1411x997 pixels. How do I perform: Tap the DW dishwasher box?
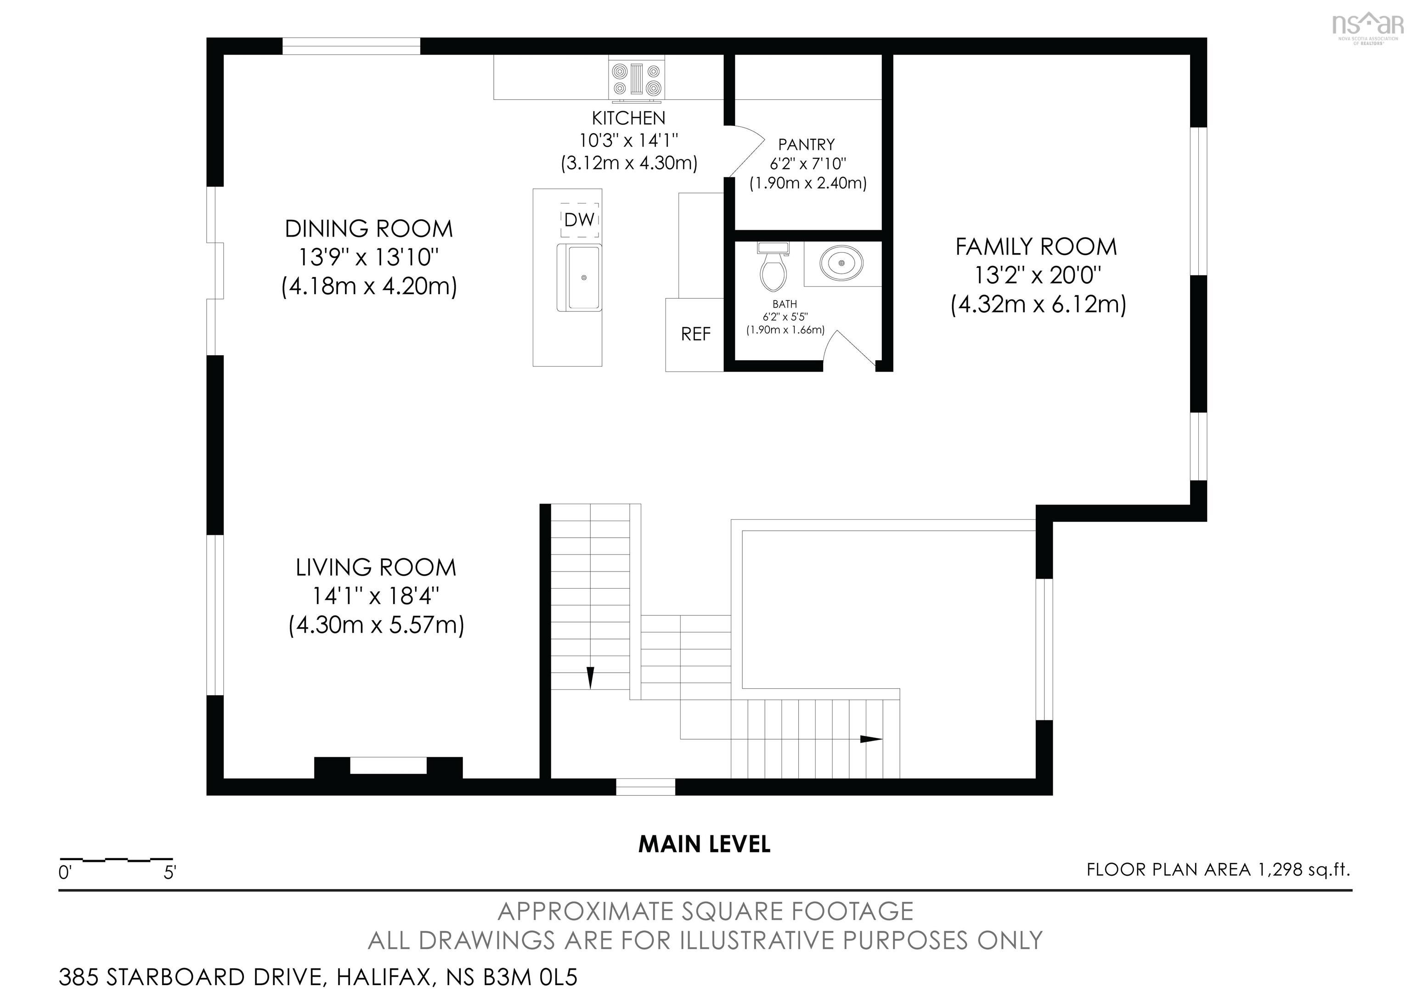point(579,220)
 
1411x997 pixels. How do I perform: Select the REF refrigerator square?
point(695,334)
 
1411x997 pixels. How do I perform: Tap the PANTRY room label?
point(806,144)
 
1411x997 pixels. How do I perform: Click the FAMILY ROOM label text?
point(1036,246)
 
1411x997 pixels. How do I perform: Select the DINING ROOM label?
point(369,229)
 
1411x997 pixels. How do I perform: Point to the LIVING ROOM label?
point(376,567)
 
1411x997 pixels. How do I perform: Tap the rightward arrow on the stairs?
point(871,739)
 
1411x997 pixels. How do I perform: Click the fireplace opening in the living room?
point(389,765)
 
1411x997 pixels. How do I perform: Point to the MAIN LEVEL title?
point(704,844)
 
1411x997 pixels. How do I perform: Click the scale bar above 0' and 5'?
point(116,859)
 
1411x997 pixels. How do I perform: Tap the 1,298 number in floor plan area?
point(1280,870)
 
